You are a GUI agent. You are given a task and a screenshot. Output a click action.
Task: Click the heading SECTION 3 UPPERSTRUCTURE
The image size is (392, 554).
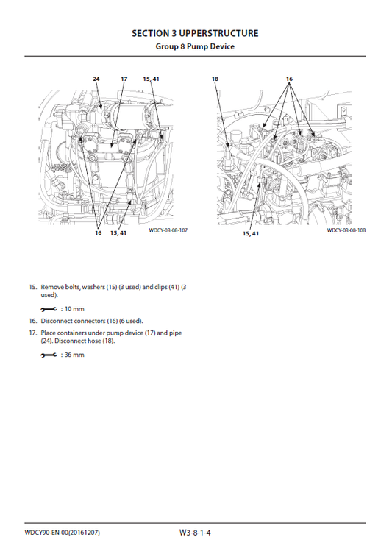(195, 33)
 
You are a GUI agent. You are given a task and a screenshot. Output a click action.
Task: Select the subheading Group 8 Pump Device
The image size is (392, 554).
(195, 46)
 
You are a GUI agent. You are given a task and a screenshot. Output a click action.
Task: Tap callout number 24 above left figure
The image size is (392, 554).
(96, 78)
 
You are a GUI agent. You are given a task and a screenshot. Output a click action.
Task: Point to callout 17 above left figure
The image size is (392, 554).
(124, 78)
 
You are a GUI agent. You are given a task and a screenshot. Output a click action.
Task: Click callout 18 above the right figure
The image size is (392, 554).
(215, 78)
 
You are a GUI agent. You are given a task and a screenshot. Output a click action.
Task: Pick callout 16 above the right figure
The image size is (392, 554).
(289, 78)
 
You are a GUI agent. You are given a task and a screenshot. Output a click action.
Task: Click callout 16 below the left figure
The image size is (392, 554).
(98, 232)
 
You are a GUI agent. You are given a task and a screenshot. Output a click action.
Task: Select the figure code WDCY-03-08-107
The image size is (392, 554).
(168, 230)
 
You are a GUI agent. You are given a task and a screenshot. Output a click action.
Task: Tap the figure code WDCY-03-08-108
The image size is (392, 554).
(346, 230)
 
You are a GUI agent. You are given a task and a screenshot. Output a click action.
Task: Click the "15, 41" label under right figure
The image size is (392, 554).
(251, 233)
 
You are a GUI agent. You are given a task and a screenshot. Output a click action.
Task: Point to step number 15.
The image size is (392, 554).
(32, 286)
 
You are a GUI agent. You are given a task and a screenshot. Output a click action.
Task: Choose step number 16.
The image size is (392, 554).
(32, 321)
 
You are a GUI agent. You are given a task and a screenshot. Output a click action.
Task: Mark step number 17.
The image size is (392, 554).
(32, 333)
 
